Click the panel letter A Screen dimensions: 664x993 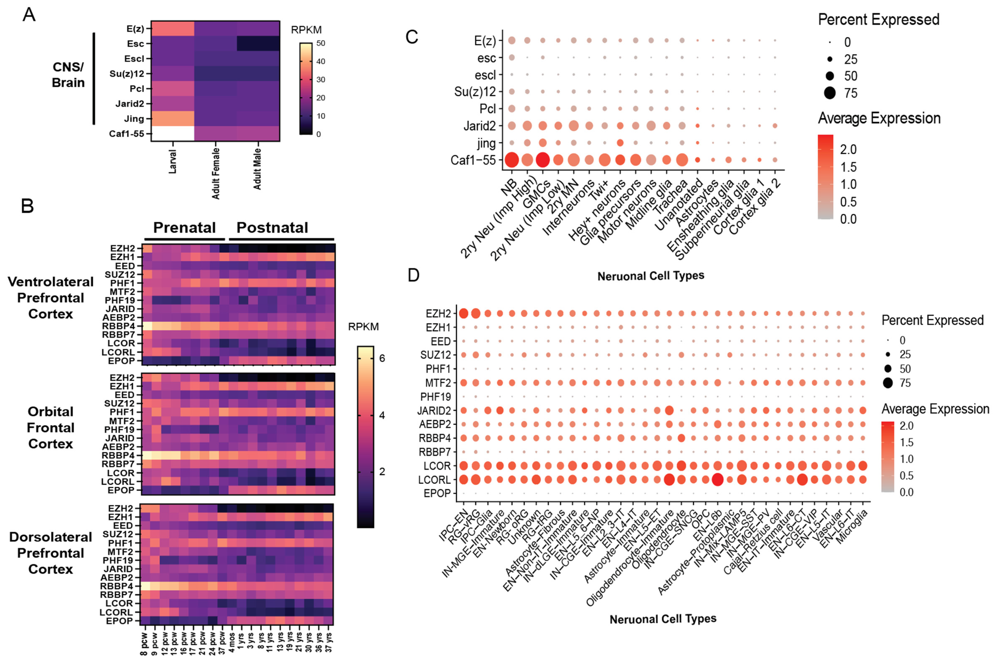tap(29, 15)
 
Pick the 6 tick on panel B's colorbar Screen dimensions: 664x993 tap(382, 358)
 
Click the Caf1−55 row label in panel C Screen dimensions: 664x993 tap(473, 160)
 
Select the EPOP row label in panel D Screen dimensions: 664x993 tap(437, 493)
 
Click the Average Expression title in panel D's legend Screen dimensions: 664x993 tap(935, 409)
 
